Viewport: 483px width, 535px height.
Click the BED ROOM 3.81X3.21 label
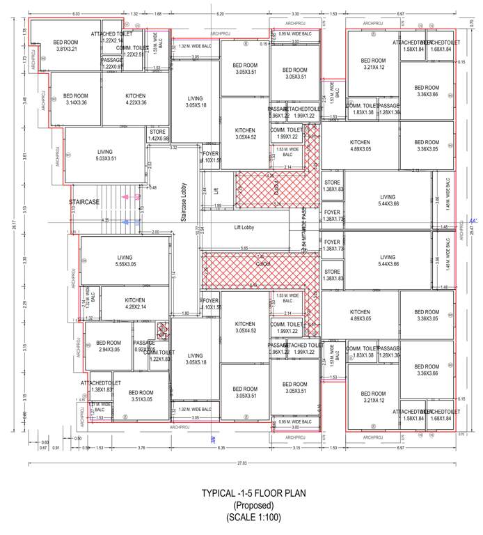(x=65, y=45)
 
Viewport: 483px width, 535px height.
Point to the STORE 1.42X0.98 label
(x=158, y=134)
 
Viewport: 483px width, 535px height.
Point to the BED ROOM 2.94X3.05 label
(x=109, y=346)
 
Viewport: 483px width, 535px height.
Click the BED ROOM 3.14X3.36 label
(x=75, y=99)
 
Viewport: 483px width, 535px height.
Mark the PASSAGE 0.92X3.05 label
(x=144, y=346)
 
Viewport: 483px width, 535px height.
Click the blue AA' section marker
(x=474, y=220)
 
